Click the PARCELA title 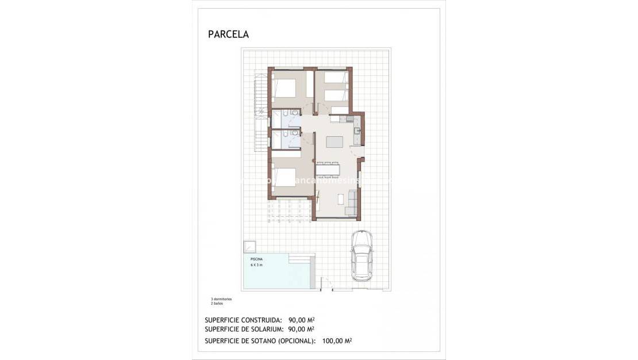(228, 35)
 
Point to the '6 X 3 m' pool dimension (256, 265)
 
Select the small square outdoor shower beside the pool (249, 246)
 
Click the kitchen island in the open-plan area (334, 142)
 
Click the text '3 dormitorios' (221, 300)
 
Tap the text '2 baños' (217, 304)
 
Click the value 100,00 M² (336, 341)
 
